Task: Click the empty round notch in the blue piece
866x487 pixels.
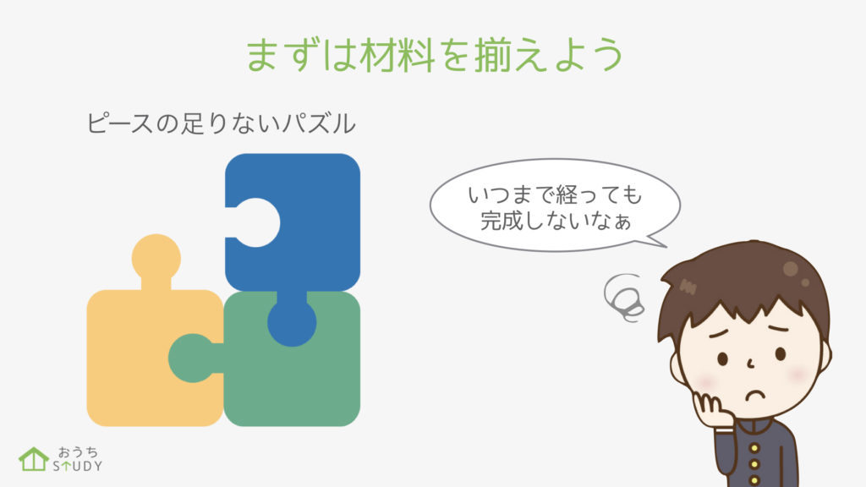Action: [255, 222]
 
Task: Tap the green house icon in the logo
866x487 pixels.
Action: [33, 459]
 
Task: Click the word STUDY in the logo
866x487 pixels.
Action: [77, 466]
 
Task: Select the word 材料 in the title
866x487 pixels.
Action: [397, 55]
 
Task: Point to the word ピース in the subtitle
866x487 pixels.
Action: [119, 123]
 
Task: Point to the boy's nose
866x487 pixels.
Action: [751, 364]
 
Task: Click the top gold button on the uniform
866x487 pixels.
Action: [754, 447]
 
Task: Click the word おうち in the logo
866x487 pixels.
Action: [78, 452]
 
